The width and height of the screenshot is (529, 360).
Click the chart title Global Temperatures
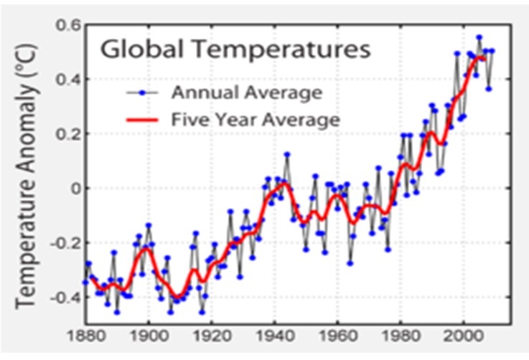click(235, 51)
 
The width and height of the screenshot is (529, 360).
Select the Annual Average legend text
click(246, 93)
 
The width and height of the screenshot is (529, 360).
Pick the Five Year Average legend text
click(254, 119)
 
